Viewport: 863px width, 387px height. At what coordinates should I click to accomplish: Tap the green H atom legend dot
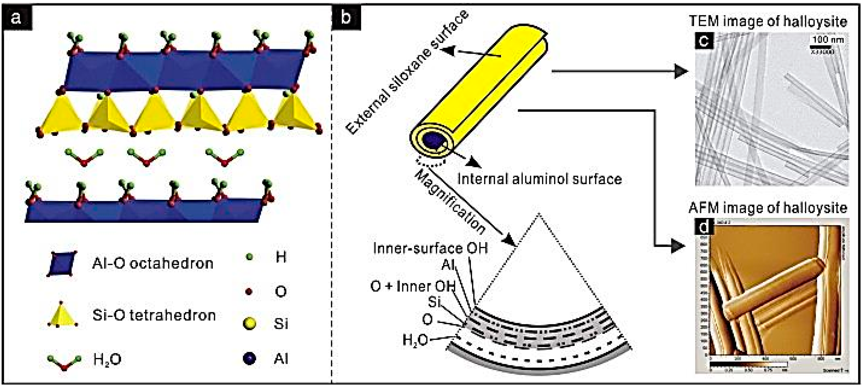(249, 258)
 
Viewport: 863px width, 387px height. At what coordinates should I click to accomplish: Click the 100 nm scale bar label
(827, 39)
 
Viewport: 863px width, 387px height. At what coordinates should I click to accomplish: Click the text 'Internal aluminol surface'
(539, 179)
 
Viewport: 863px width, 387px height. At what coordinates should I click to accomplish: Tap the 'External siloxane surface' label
(407, 72)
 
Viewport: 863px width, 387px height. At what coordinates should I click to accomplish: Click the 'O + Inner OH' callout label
(413, 286)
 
